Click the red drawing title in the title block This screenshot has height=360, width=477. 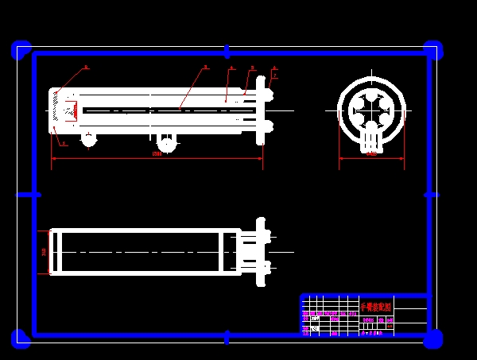click(x=375, y=306)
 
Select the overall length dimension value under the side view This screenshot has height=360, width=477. click(x=157, y=153)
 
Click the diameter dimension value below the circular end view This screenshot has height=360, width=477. click(x=371, y=153)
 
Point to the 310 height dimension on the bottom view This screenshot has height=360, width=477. click(x=44, y=252)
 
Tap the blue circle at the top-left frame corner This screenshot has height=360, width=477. click(x=21, y=50)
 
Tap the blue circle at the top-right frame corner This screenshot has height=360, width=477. click(x=433, y=50)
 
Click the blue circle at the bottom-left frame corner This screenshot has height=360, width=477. click(x=21, y=339)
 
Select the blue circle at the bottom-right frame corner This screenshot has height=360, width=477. click(x=433, y=339)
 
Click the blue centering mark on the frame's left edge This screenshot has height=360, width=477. click(x=29, y=194)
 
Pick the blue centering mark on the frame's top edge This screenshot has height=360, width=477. click(x=227, y=52)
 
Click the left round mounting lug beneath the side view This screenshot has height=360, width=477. click(x=89, y=140)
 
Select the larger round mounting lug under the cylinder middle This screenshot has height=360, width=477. click(x=167, y=143)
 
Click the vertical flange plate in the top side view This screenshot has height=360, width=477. click(x=260, y=110)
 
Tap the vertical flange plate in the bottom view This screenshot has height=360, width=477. click(x=260, y=252)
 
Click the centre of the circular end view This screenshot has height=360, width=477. click(x=371, y=110)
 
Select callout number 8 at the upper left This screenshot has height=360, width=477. click(x=86, y=68)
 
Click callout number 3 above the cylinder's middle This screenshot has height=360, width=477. click(x=205, y=68)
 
